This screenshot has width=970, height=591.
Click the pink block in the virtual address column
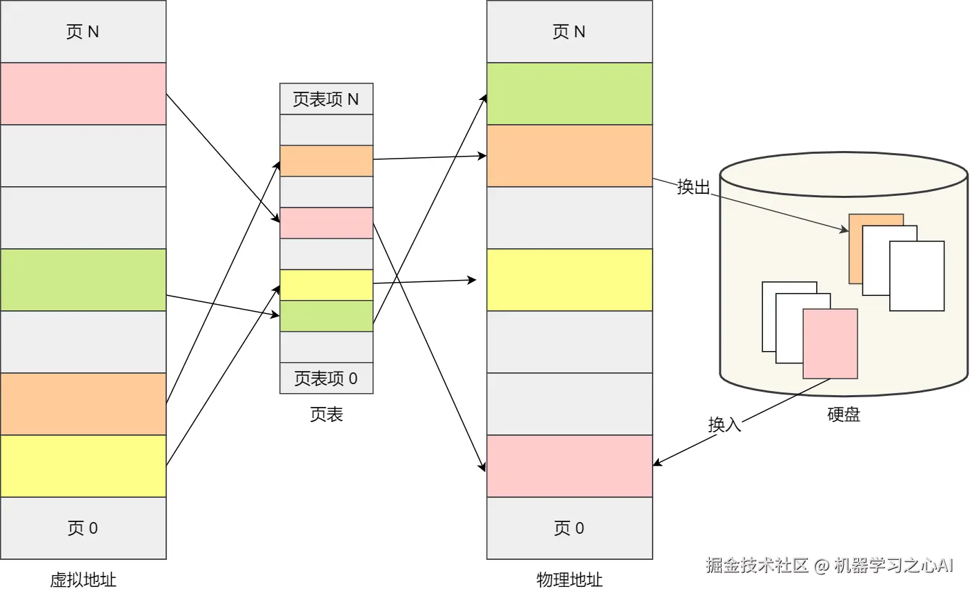click(83, 94)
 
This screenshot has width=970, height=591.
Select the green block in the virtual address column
click(83, 280)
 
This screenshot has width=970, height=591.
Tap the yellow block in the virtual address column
click(83, 466)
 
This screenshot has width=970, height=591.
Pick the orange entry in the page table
click(326, 161)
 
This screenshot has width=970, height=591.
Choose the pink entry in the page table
click(326, 223)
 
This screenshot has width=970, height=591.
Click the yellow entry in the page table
click(326, 285)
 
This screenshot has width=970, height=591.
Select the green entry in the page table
click(326, 316)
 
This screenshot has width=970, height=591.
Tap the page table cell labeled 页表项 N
click(326, 99)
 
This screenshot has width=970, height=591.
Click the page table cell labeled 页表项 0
click(326, 378)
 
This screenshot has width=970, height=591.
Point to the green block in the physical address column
click(569, 94)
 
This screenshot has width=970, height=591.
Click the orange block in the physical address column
click(569, 156)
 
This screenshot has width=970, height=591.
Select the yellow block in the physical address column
click(569, 280)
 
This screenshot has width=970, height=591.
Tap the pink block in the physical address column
click(569, 466)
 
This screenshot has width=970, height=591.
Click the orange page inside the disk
click(855, 248)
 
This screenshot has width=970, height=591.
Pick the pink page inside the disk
click(831, 343)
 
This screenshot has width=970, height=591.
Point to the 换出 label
click(693, 187)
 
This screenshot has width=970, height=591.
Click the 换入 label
click(724, 424)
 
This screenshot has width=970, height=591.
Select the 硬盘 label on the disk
click(844, 414)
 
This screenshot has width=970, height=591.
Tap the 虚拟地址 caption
click(83, 580)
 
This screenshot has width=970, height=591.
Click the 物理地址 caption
click(569, 580)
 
